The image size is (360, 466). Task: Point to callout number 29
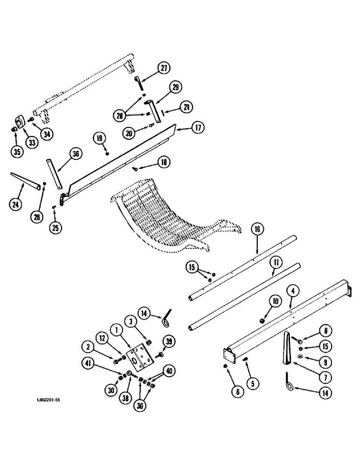[175, 87]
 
